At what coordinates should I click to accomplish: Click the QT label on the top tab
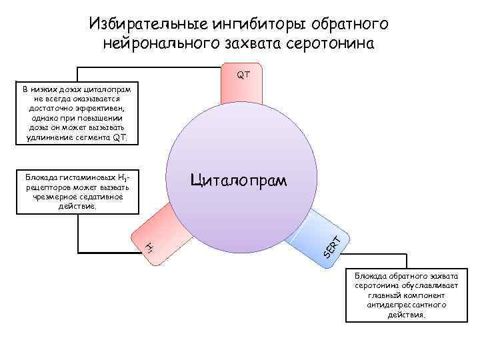coord(243,75)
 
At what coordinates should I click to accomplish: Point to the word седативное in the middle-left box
coord(100,197)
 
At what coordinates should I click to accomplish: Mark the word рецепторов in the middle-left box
coord(42,188)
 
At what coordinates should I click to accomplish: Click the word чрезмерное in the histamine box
coord(53,197)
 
